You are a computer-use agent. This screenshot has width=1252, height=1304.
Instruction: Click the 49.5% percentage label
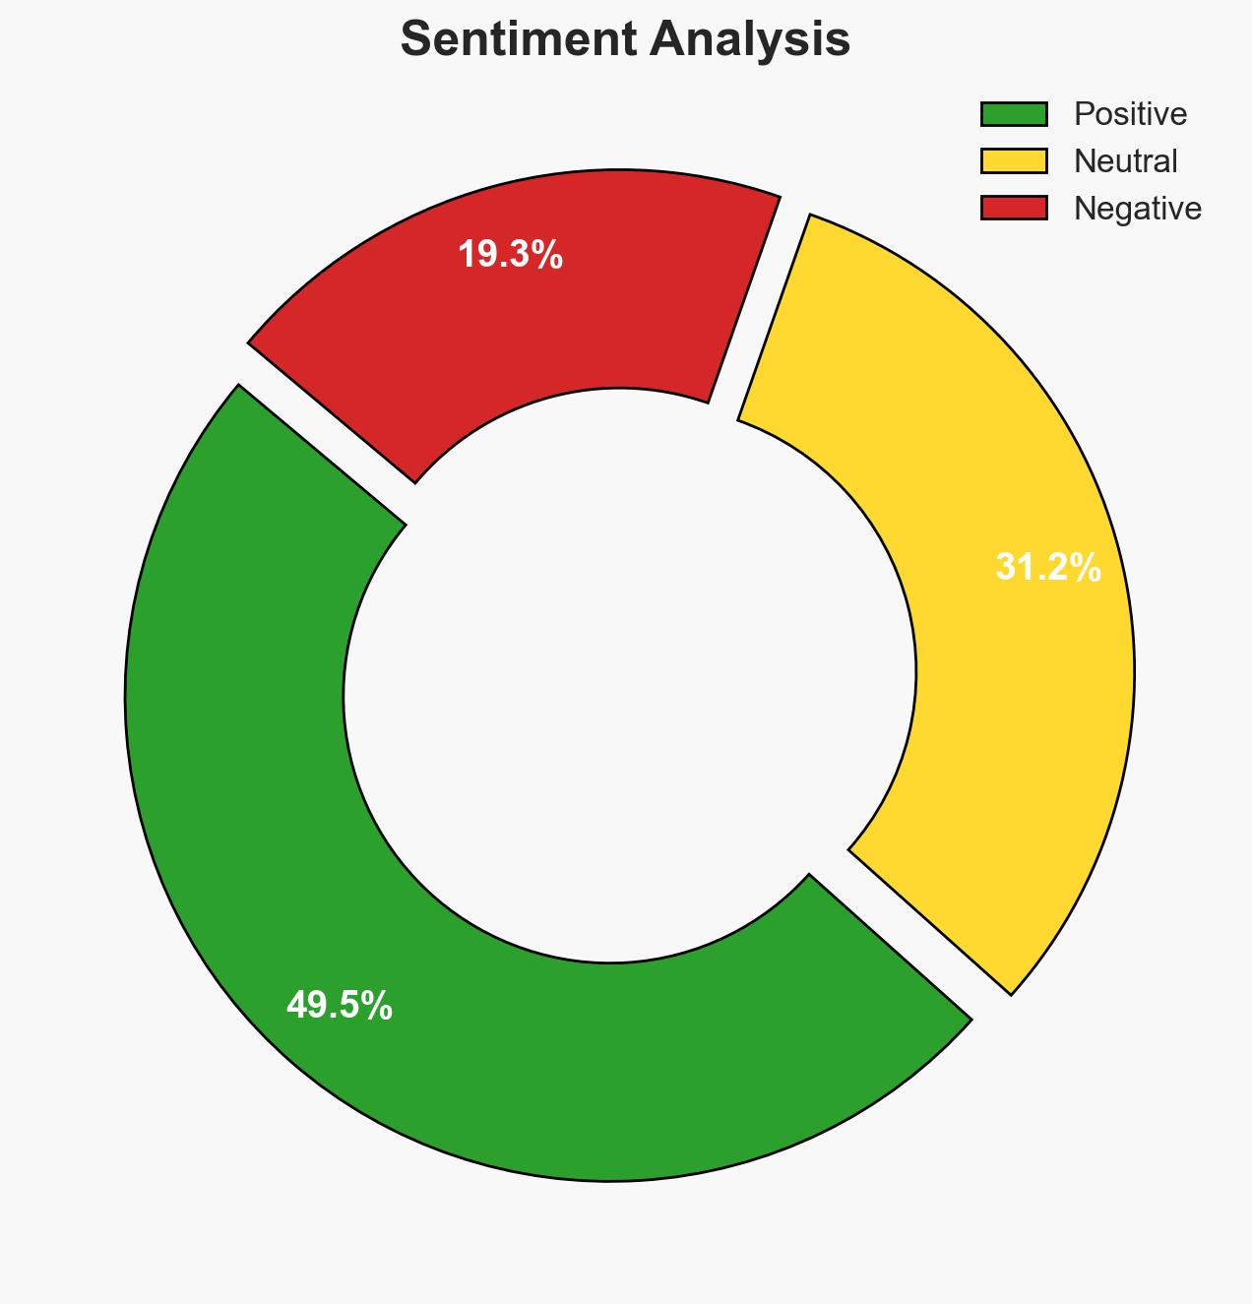(x=340, y=1006)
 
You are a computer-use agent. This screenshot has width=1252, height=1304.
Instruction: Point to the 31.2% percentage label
(x=1047, y=568)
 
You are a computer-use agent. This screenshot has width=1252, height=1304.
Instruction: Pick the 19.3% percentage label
(x=510, y=255)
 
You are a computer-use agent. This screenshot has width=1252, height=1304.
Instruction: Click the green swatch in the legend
(x=1014, y=114)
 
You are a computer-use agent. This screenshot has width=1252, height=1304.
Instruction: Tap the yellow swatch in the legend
(x=1014, y=161)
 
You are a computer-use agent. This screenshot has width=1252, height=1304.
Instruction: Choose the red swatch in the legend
(x=1014, y=209)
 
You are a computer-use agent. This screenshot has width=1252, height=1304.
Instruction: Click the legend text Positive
(x=1130, y=114)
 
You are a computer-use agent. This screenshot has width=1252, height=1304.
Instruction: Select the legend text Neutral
(x=1125, y=161)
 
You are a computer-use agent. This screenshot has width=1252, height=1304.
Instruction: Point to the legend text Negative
(x=1137, y=209)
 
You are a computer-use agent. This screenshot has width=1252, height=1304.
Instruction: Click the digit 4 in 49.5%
(x=295, y=1006)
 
